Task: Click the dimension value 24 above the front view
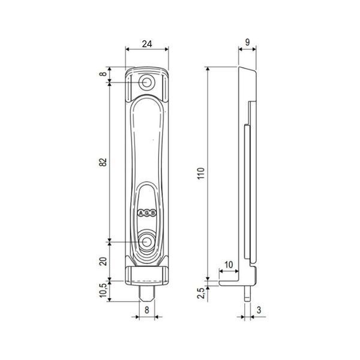click(x=147, y=44)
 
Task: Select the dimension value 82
click(x=103, y=162)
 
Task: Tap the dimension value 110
click(x=201, y=173)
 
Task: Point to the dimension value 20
click(x=103, y=262)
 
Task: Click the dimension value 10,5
click(x=103, y=290)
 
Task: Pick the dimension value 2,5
click(x=201, y=293)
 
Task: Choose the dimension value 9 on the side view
click(x=247, y=42)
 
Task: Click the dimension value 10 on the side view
click(x=229, y=265)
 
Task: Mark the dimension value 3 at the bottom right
click(x=259, y=310)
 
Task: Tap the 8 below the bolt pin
click(x=147, y=310)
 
